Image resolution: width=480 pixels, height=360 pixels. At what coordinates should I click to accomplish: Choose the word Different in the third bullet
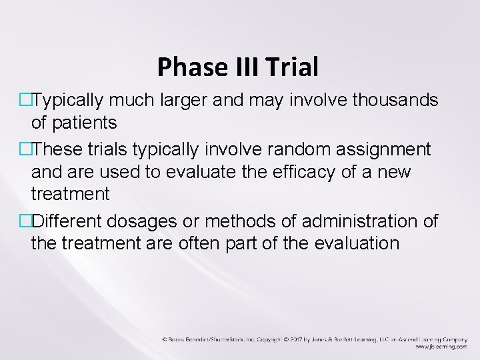tap(69, 221)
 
